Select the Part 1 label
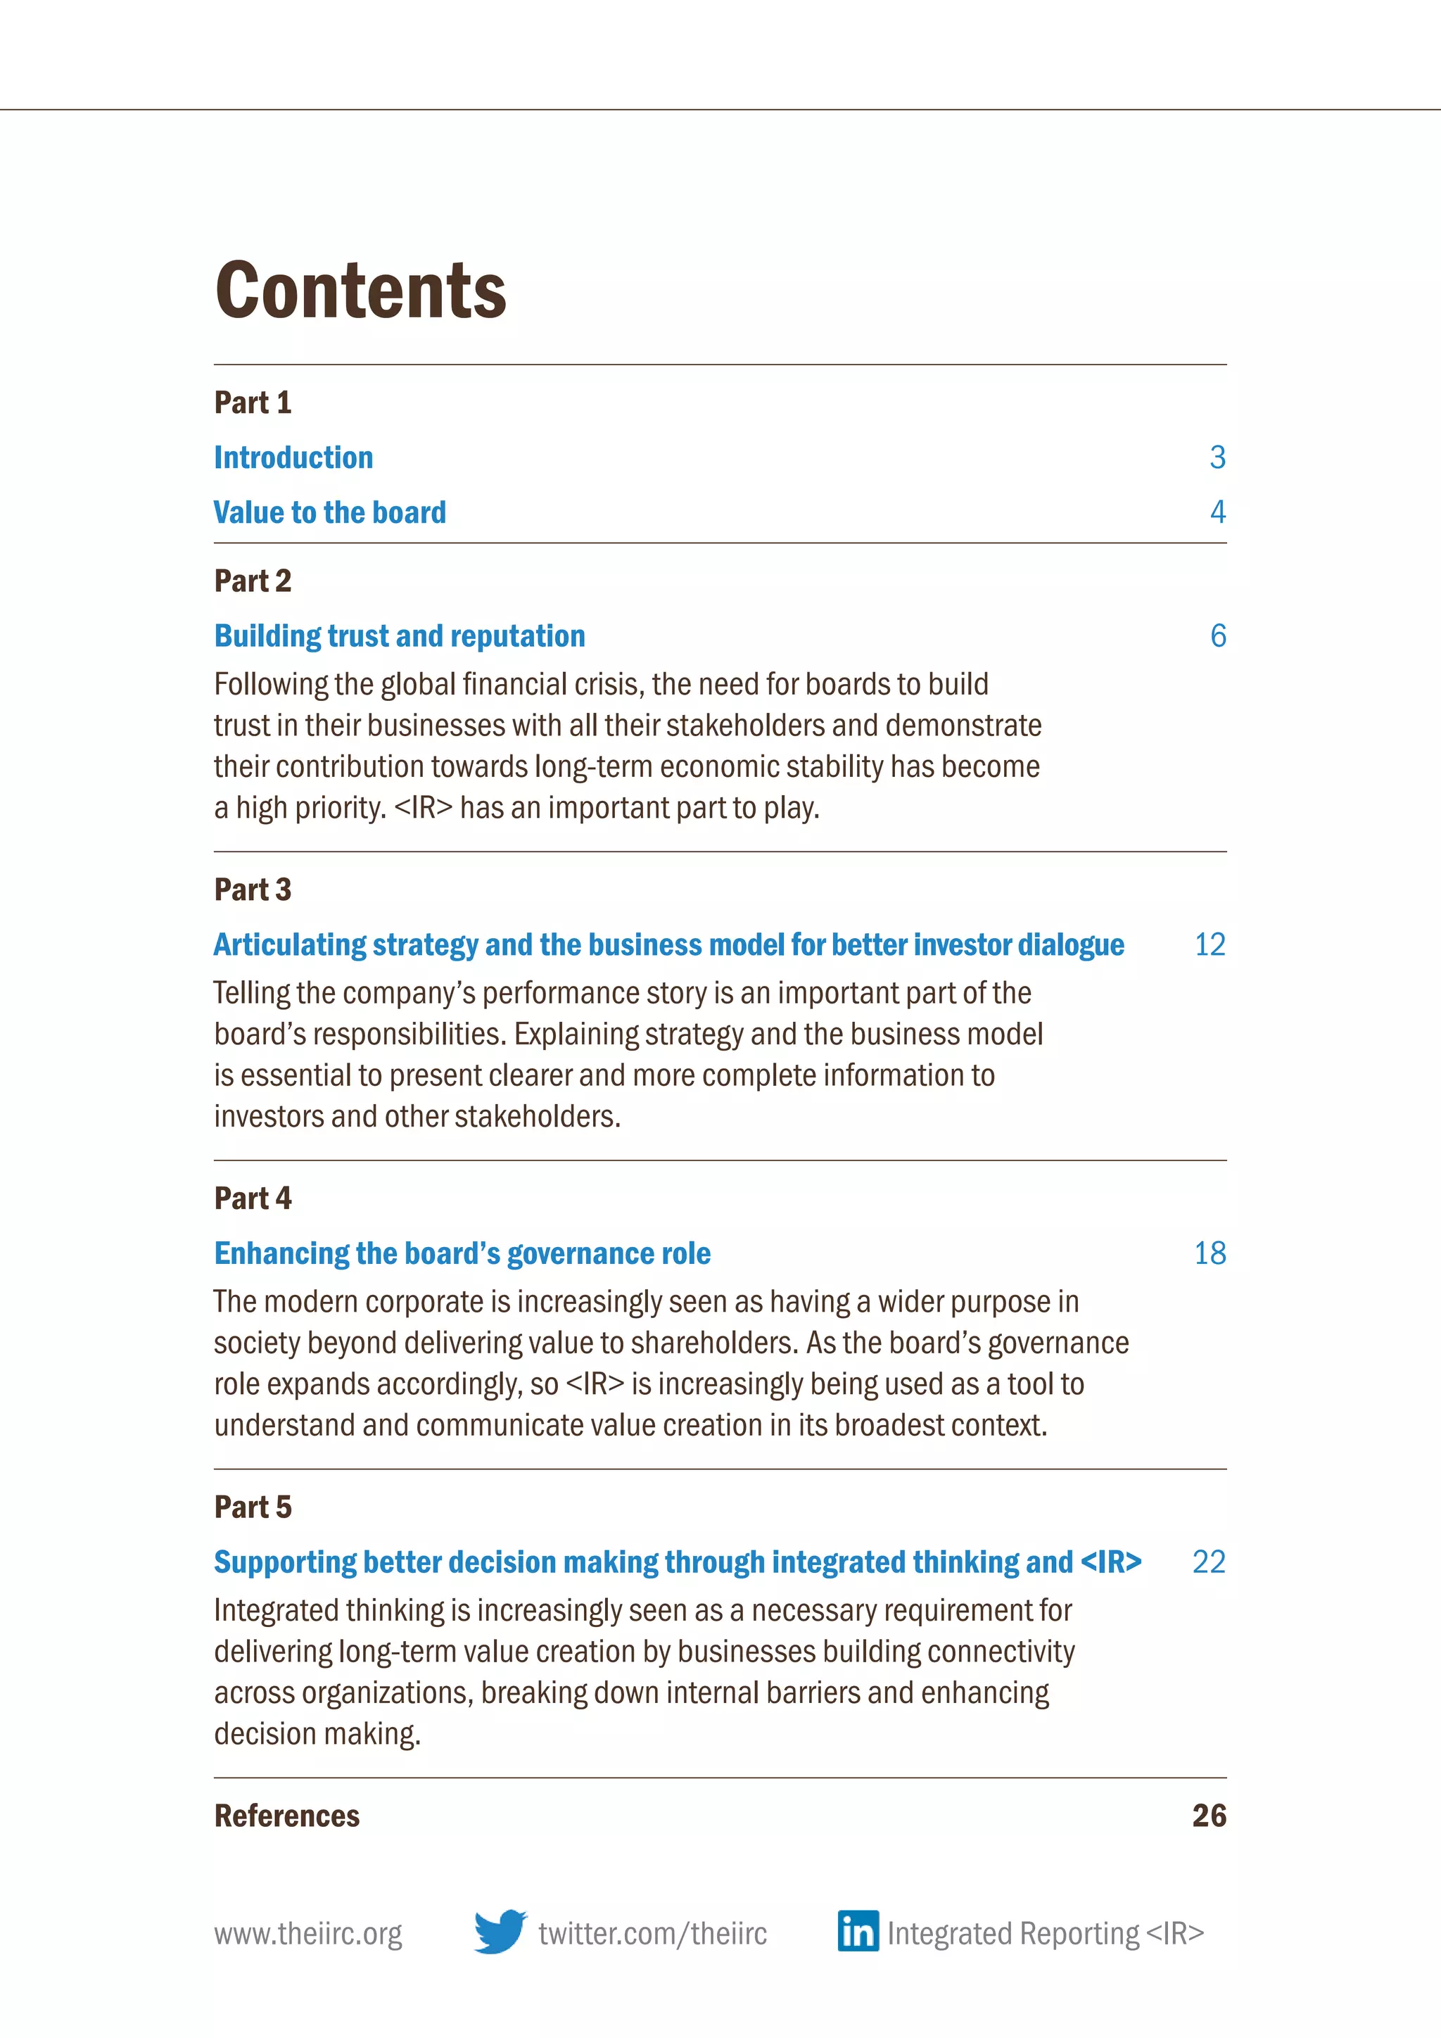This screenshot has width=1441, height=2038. [253, 403]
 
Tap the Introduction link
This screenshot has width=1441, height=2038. [293, 458]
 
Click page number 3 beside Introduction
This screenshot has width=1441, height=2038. [1217, 458]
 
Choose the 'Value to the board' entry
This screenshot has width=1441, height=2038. [330, 513]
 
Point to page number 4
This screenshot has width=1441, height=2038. [1217, 512]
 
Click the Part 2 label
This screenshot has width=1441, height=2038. [253, 581]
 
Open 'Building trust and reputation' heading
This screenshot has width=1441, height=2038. [399, 636]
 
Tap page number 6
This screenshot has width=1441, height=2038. [1217, 636]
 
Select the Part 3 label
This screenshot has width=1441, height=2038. [253, 890]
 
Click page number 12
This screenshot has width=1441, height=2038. [1210, 944]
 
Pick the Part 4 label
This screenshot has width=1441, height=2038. [253, 1199]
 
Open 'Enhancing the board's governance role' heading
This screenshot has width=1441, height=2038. [462, 1253]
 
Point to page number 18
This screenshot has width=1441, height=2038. [1210, 1253]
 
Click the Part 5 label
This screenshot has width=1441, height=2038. [253, 1507]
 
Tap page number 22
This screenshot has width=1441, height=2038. [1209, 1562]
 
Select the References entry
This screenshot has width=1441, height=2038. [286, 1816]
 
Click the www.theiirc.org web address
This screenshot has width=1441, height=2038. [308, 1933]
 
